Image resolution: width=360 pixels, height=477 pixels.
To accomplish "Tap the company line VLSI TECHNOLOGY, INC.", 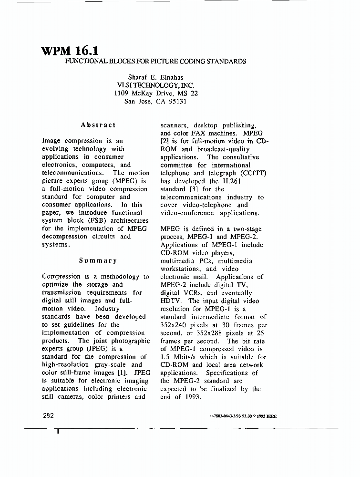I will [156, 85].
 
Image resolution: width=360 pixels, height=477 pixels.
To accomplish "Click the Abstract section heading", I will [98, 125].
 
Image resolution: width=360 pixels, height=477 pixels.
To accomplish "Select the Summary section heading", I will [98, 260].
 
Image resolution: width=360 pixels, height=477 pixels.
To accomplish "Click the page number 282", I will [48, 415].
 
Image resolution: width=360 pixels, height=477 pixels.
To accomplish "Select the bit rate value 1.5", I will [165, 357].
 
